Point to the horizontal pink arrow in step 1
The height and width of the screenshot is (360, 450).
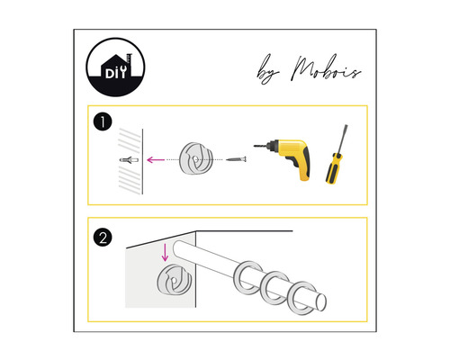point(161,159)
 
